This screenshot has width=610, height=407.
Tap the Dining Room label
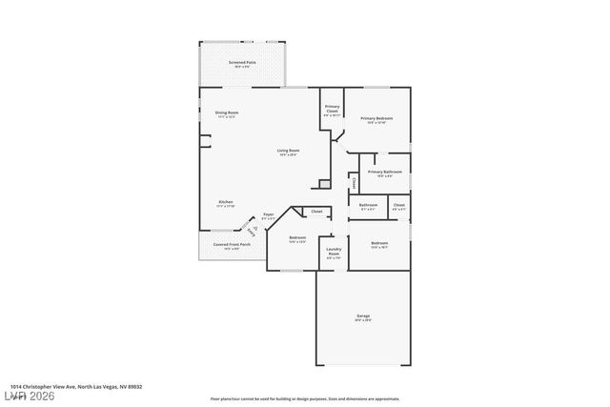227,114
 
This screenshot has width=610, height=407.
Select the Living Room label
288,152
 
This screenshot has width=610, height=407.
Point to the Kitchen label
226,203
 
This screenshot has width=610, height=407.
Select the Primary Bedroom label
379,120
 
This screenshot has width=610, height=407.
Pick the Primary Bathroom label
386,173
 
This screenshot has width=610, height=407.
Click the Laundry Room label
334,253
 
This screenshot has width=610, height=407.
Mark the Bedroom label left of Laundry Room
297,239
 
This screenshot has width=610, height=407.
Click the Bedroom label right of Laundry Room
379,245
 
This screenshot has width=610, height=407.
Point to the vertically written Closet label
355,181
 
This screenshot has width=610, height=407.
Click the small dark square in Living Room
324,183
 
